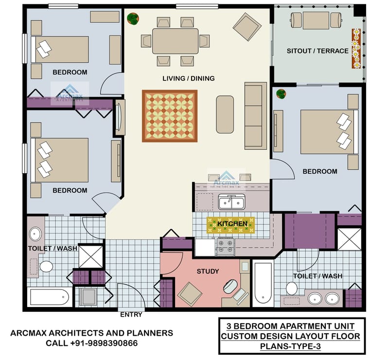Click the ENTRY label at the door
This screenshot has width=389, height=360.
coord(131,315)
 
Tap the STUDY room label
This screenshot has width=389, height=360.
coord(208,271)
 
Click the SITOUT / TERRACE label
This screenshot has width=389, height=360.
coord(317,51)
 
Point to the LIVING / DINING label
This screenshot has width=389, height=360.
coord(189,78)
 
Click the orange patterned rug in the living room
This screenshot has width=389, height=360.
coord(170,116)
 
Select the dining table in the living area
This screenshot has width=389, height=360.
coord(175,41)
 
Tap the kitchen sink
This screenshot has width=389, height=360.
coord(231,201)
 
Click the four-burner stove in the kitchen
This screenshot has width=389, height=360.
coord(225,247)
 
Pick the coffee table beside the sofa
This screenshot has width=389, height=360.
coord(225,114)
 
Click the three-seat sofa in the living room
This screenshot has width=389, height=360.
coord(255,116)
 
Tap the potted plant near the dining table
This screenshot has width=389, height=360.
coord(132,19)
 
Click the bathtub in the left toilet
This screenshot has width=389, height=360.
coord(49,297)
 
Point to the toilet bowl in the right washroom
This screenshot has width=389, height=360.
coord(292,288)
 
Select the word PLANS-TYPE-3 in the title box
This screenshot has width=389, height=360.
coord(290,346)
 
